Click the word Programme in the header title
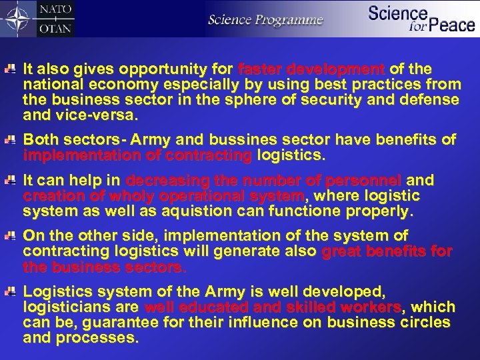click(292, 20)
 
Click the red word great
click(341, 251)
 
